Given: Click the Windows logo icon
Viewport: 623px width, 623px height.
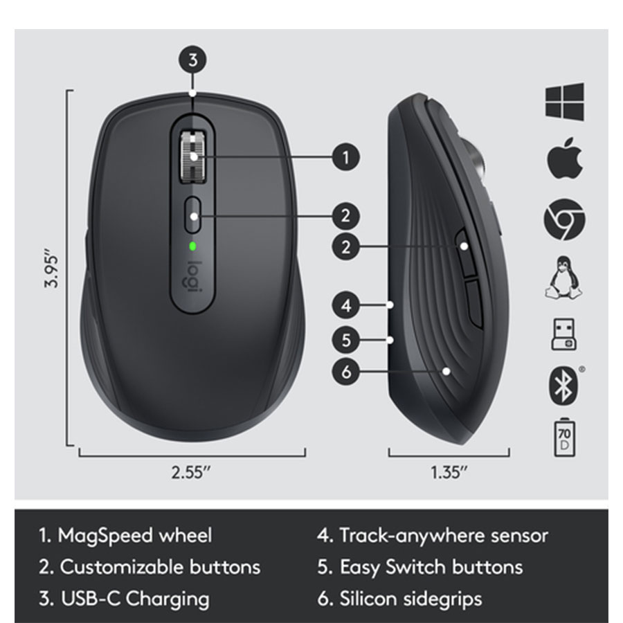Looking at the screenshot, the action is [x=565, y=101].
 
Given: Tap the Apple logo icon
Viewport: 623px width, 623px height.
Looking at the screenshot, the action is [x=565, y=158].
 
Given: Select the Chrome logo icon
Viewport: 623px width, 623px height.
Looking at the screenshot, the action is [x=564, y=219].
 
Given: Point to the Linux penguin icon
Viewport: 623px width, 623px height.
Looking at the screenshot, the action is [x=563, y=278].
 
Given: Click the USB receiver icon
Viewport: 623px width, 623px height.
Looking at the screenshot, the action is [x=563, y=334].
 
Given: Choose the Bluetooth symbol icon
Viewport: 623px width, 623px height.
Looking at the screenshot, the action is [x=563, y=386].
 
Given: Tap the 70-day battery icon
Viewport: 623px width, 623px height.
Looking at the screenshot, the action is [x=564, y=437].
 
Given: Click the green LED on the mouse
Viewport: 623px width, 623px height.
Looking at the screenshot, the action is [x=192, y=246].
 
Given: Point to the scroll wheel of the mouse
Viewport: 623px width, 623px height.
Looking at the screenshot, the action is [x=193, y=157].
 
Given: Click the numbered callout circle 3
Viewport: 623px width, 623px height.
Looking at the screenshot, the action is [x=192, y=60].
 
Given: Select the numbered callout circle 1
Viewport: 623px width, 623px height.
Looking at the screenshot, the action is [x=346, y=157].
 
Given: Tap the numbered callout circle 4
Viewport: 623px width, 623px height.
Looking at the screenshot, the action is [x=346, y=305].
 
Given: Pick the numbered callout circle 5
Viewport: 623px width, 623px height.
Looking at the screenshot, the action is [x=346, y=340].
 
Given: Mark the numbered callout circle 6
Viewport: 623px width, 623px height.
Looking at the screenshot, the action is [x=346, y=372].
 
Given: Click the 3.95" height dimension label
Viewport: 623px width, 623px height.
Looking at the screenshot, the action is [x=52, y=269].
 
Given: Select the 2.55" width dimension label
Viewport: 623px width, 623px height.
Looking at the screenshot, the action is [x=191, y=472].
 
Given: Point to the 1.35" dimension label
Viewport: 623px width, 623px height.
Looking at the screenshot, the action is [x=449, y=472].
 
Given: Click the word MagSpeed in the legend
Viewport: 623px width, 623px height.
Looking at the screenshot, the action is [x=105, y=536].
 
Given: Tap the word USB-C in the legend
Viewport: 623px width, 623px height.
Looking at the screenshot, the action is [x=90, y=599].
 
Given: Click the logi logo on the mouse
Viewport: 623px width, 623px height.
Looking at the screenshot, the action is [x=192, y=277].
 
